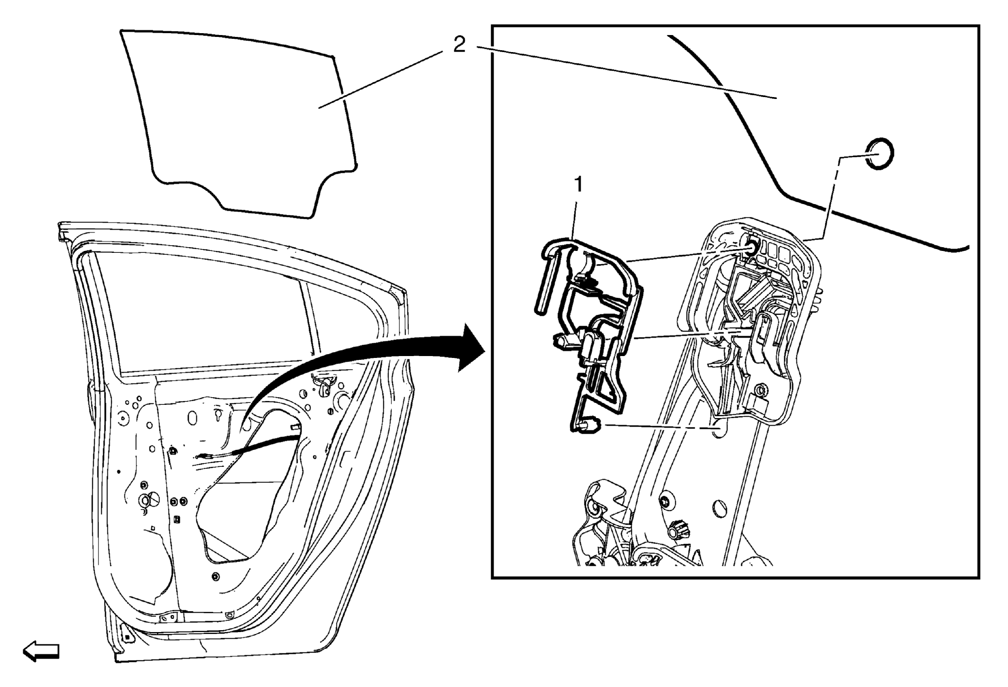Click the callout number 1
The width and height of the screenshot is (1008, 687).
tap(578, 185)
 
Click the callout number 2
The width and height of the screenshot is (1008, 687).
tap(459, 45)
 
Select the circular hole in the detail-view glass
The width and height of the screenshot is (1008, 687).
tap(880, 154)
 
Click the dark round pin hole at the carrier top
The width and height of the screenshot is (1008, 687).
tap(751, 247)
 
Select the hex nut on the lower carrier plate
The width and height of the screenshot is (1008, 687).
tap(760, 391)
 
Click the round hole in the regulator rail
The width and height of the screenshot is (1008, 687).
tap(720, 509)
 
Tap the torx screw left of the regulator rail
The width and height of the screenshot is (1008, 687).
tap(665, 503)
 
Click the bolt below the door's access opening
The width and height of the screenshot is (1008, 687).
tap(216, 576)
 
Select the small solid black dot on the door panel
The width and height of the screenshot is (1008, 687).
tap(118, 472)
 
